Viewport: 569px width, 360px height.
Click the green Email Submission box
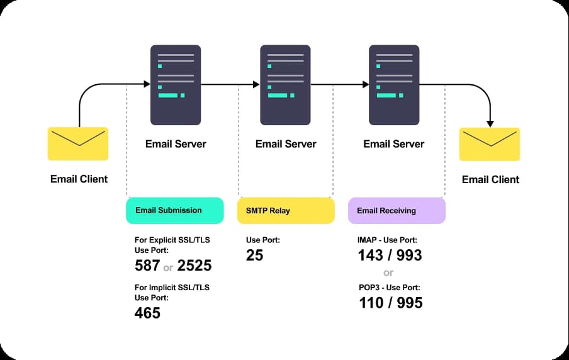[174, 210]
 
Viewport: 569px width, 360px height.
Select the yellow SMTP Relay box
[286, 210]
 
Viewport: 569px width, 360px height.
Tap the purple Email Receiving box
[397, 210]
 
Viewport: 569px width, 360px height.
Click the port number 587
[147, 266]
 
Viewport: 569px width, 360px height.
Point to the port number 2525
[194, 266]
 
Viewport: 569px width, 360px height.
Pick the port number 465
[147, 313]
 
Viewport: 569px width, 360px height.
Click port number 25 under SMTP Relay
[254, 255]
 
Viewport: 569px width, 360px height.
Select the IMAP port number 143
[371, 255]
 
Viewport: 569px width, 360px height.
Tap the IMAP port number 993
[409, 255]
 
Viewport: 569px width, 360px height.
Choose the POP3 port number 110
[371, 303]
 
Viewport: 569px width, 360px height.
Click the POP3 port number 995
[410, 303]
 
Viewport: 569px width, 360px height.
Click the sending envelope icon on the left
[78, 143]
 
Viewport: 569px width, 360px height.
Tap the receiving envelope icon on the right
[490, 144]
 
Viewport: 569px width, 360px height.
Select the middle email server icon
[285, 85]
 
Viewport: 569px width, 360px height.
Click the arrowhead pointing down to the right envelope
[490, 124]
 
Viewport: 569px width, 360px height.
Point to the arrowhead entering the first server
[147, 84]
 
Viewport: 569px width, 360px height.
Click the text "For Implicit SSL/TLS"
[172, 288]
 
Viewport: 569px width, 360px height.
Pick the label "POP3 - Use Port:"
[390, 288]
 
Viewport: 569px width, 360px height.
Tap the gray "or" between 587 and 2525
[168, 268]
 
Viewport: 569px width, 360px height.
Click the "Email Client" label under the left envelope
[79, 179]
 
